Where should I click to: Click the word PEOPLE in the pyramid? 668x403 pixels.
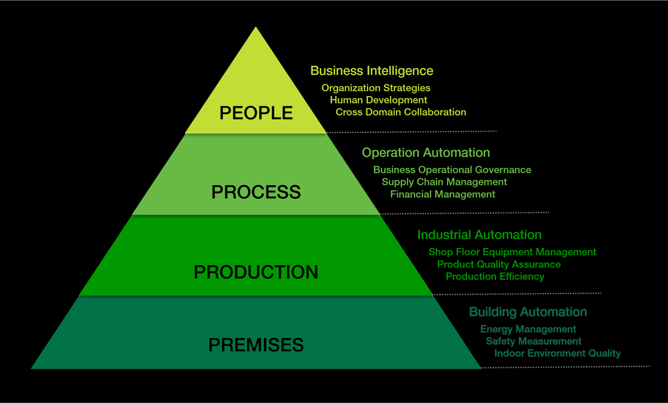click(x=256, y=113)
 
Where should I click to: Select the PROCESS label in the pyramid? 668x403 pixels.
click(x=256, y=192)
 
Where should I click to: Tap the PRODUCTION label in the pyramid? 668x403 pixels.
click(x=256, y=272)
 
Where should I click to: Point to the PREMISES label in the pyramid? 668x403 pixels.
click(x=256, y=345)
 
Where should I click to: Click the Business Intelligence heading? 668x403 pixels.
click(x=372, y=71)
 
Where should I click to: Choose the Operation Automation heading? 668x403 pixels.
click(x=426, y=153)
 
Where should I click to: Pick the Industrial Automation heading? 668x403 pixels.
click(x=479, y=235)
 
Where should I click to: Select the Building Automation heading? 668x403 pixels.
click(x=528, y=312)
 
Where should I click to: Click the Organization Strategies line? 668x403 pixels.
click(x=376, y=88)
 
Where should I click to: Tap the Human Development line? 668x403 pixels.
click(x=378, y=100)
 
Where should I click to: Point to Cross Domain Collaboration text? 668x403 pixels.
click(x=401, y=112)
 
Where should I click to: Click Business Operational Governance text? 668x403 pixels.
click(x=452, y=170)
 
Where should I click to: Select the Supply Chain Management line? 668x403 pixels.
click(x=444, y=182)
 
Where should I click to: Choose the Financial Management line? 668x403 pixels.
click(x=443, y=195)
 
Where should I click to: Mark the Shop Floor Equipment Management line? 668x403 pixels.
click(x=512, y=252)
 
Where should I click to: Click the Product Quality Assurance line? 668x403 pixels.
click(x=499, y=264)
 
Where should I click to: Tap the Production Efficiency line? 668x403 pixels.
click(x=495, y=277)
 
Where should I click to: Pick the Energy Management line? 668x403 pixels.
click(x=528, y=329)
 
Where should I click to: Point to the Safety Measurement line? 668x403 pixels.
click(x=533, y=341)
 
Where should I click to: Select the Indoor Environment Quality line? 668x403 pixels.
click(x=557, y=353)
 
